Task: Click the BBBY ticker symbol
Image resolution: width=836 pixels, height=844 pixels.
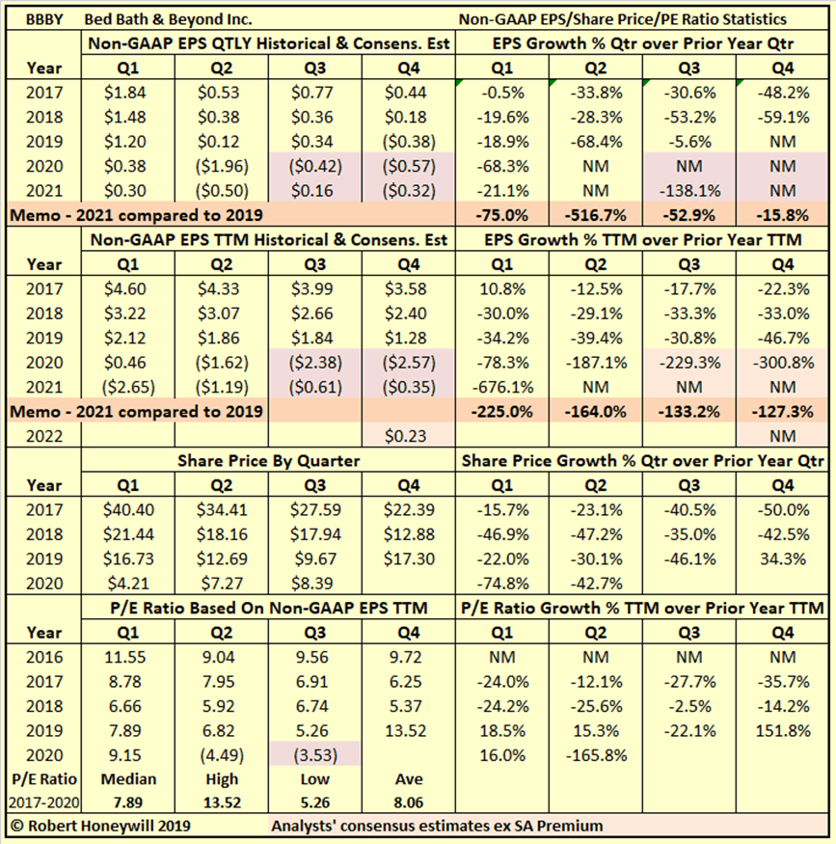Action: (x=37, y=19)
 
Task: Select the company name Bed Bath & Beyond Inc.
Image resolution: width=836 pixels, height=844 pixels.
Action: (x=169, y=19)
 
